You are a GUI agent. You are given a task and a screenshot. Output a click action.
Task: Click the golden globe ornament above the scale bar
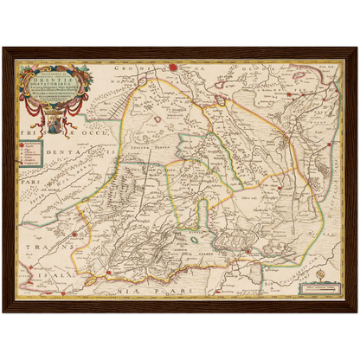[318, 271]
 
